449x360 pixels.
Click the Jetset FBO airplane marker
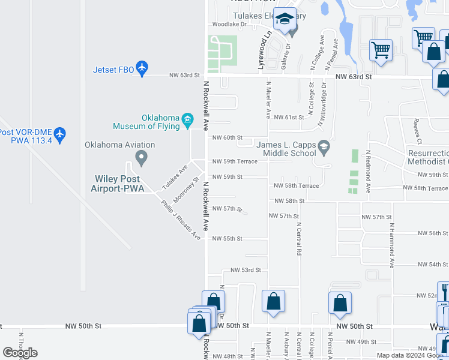[x=142, y=69]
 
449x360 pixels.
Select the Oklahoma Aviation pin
[x=142, y=158]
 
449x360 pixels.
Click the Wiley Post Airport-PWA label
[x=118, y=184]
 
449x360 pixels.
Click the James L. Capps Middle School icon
[x=324, y=146]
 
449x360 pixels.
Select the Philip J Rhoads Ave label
[x=181, y=219]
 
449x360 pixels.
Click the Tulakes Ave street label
[x=175, y=174]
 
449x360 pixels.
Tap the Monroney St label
[x=185, y=189]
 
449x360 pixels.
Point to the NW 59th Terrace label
[x=235, y=161]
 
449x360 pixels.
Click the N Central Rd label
[x=298, y=239]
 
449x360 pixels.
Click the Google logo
[x=20, y=353]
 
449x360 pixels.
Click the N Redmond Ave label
[x=368, y=170]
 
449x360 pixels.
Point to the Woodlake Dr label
[x=229, y=25]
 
